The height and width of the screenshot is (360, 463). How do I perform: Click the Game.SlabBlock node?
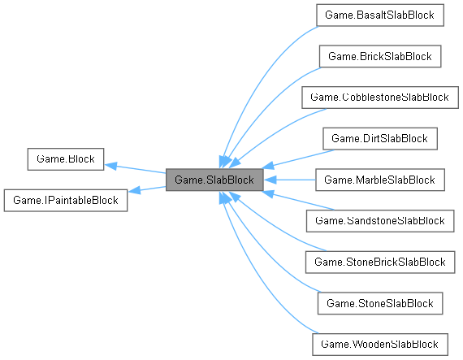click(x=214, y=180)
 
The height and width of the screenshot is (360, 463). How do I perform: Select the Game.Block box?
click(x=65, y=159)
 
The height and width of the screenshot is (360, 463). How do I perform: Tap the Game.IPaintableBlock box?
click(x=66, y=200)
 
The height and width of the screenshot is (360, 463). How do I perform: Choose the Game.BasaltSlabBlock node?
click(x=379, y=15)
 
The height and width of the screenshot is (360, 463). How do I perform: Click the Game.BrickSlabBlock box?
click(x=379, y=57)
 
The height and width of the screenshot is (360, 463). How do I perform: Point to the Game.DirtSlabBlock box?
click(x=379, y=138)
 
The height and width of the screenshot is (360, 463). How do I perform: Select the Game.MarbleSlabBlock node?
click(x=379, y=180)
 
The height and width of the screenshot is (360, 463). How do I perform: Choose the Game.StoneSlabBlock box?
click(x=379, y=302)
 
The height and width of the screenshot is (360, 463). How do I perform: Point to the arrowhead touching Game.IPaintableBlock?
click(x=135, y=191)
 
